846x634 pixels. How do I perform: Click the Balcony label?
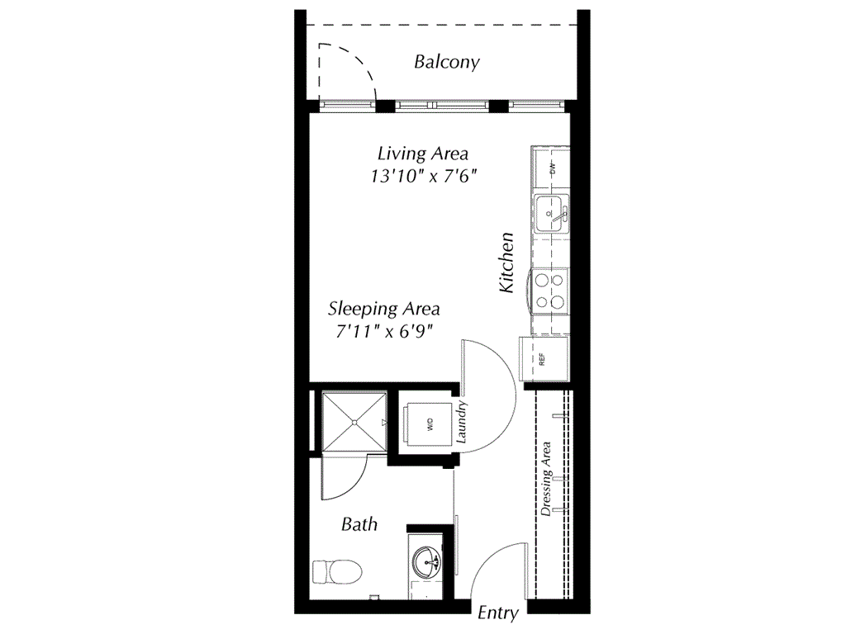coord(446,62)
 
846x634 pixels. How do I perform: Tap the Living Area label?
coord(422,154)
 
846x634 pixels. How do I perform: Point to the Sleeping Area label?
coord(383,310)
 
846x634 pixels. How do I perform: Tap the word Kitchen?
coord(506,263)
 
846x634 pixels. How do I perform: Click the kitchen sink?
coord(551,212)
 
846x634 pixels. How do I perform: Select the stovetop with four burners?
coord(550,291)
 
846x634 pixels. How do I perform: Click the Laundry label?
coord(462,422)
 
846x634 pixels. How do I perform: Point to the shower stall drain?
coord(354,422)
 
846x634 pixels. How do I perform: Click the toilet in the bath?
coord(337,570)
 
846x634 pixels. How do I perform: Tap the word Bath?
coord(359,524)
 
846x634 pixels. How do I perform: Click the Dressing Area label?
coord(546,479)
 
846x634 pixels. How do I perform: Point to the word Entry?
coord(498,613)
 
